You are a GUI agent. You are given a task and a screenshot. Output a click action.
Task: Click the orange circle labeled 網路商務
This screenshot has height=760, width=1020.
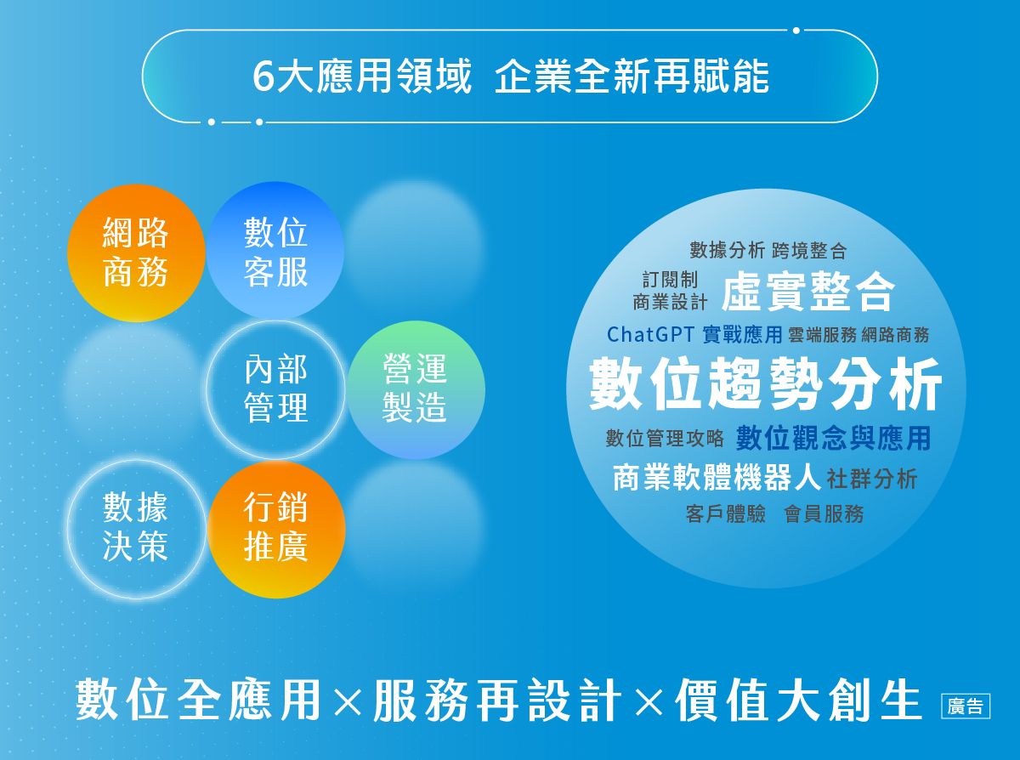136,252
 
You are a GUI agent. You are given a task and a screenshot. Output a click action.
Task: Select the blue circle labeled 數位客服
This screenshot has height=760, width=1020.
275,252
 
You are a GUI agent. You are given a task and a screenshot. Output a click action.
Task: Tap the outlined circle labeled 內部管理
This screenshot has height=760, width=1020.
275,389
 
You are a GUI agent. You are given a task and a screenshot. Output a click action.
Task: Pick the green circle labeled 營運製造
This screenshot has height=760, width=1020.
416,389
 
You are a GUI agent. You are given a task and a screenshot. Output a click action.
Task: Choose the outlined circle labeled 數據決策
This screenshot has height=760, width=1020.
136,528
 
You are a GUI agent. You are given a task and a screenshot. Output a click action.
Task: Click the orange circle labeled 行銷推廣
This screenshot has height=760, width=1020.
275,528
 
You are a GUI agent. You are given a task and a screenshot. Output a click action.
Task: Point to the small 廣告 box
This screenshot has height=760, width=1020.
966,706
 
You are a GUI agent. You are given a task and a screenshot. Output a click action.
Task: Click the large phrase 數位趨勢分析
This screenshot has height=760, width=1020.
766,385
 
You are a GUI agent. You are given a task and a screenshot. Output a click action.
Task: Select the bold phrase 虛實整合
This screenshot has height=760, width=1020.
807,292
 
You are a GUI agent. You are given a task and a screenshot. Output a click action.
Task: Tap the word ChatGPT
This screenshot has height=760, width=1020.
651,334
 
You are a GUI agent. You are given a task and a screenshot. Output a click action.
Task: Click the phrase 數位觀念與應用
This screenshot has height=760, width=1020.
833,438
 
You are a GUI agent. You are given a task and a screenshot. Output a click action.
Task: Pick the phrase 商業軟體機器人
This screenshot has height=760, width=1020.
717,478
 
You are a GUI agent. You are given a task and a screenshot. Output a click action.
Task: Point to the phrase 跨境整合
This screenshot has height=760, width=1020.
809,251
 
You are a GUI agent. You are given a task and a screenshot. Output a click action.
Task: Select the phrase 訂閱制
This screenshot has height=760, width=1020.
671,280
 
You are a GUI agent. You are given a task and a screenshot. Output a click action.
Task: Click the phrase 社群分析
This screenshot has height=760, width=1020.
872,479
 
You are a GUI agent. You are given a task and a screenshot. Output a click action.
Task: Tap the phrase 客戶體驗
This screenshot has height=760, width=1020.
726,513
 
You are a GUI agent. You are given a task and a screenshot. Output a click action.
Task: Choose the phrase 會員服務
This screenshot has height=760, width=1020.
824,513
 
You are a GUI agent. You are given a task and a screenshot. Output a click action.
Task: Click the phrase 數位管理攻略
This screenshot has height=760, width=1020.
665,439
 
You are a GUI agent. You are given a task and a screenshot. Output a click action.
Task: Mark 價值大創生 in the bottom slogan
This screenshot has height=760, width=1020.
798,700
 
